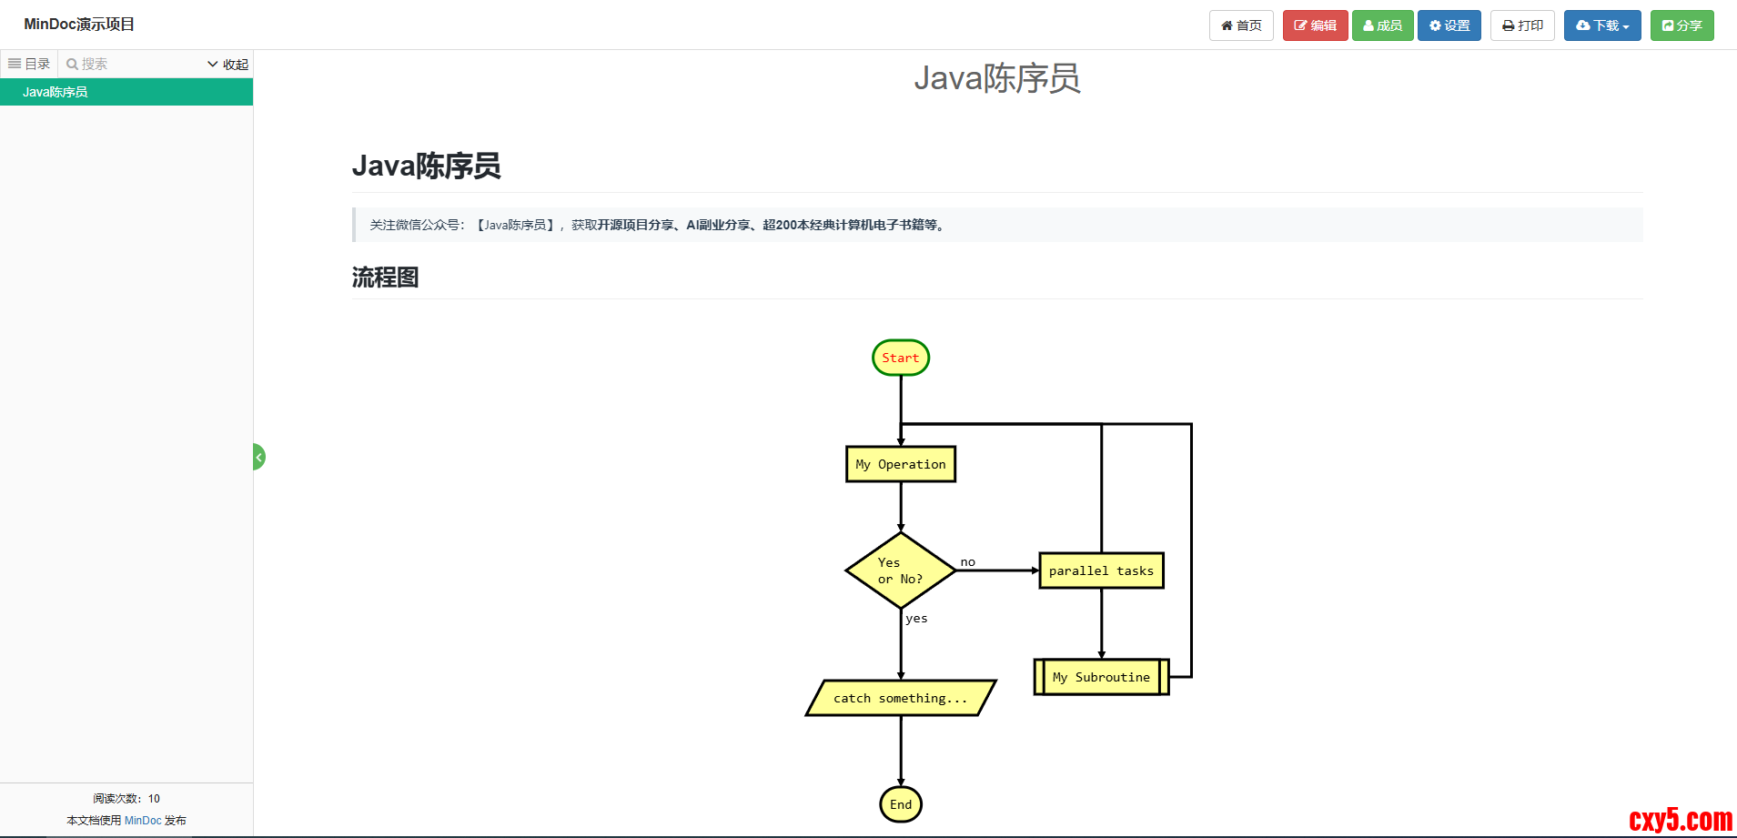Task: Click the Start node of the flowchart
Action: [x=900, y=358]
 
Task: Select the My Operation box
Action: [x=900, y=464]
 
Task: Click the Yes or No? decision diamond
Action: [x=900, y=570]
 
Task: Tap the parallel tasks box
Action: [x=1101, y=570]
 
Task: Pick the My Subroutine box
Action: [x=1101, y=677]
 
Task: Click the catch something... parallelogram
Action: [x=900, y=698]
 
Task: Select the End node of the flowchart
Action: [x=901, y=804]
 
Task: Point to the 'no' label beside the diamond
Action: [x=967, y=562]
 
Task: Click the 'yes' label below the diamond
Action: [x=916, y=619]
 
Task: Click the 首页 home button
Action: [x=1241, y=25]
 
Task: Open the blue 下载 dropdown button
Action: [x=1601, y=25]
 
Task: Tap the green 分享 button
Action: [x=1681, y=25]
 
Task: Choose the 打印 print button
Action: [x=1522, y=25]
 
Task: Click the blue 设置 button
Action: [x=1449, y=25]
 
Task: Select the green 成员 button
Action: [x=1382, y=25]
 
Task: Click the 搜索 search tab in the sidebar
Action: [x=87, y=64]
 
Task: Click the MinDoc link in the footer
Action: [x=143, y=821]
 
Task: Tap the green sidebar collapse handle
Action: [x=258, y=457]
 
